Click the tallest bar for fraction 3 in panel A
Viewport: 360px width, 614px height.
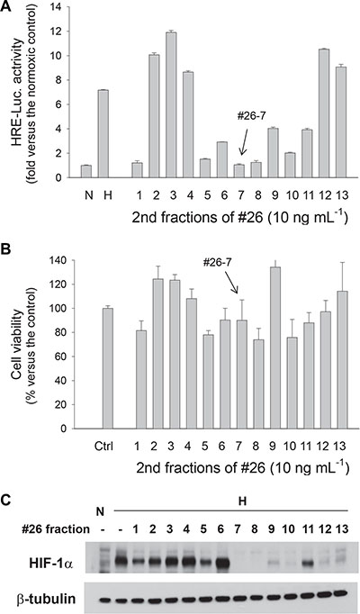171,105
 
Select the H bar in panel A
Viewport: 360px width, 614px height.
103,134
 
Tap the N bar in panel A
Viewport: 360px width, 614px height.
86,172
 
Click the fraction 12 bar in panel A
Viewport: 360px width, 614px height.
324,113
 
